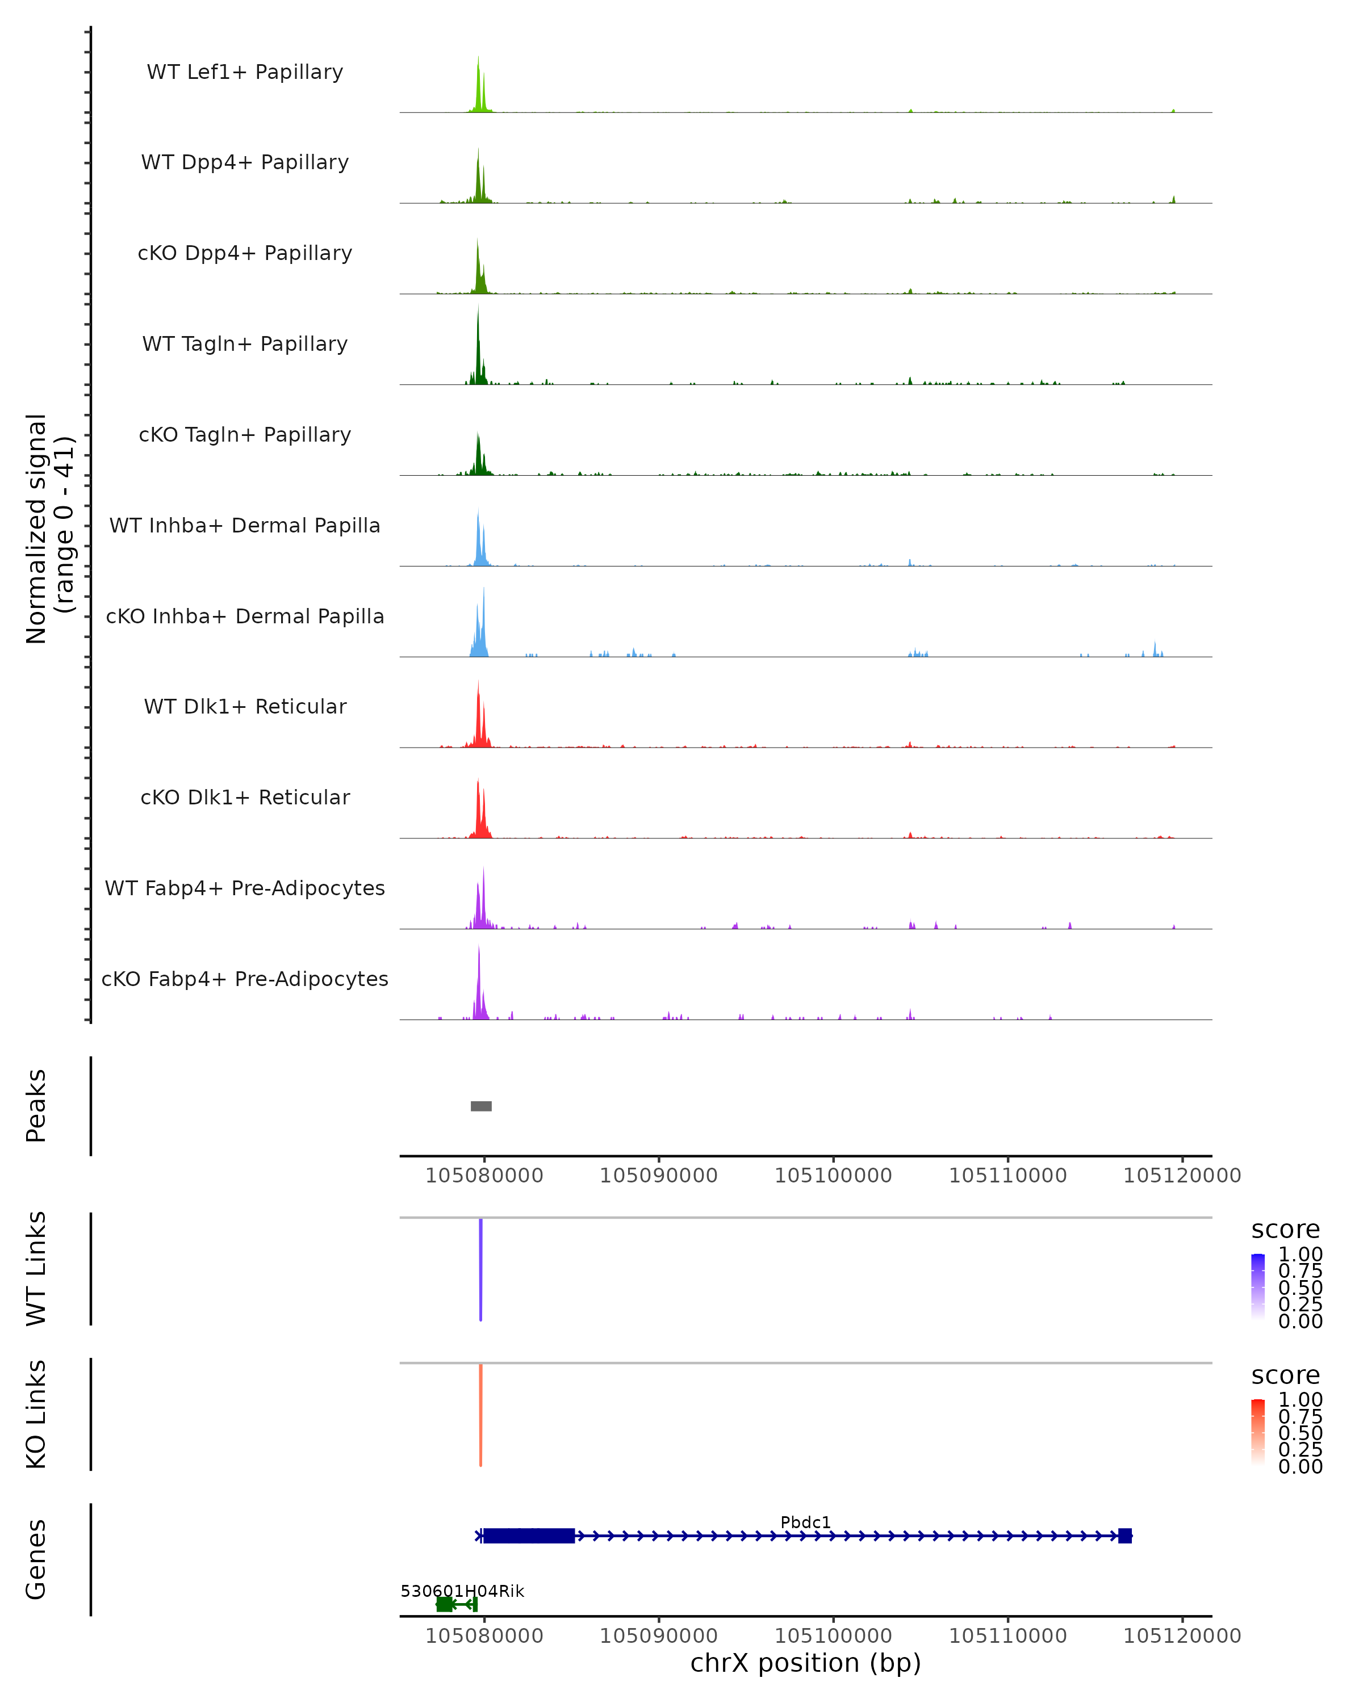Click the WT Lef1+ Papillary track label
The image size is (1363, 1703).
pos(245,72)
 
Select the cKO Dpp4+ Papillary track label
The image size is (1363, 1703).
pos(245,253)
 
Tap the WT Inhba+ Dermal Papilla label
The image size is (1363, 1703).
pos(245,525)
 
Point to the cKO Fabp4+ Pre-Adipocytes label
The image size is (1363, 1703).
pos(245,979)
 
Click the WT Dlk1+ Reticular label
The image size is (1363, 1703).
pos(245,706)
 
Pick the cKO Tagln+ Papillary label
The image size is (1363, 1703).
pos(245,434)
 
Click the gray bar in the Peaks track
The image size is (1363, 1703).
pos(480,1106)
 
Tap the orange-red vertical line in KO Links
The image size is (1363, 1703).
pos(480,1415)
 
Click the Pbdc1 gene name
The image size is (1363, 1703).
pos(805,1522)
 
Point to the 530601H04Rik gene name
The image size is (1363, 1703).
pos(462,1591)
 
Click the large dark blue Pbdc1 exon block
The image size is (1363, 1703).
pos(529,1536)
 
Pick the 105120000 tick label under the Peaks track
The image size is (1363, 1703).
pos(1182,1176)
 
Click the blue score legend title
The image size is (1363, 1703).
pos(1285,1229)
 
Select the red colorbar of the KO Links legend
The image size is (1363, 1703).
pos(1258,1432)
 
